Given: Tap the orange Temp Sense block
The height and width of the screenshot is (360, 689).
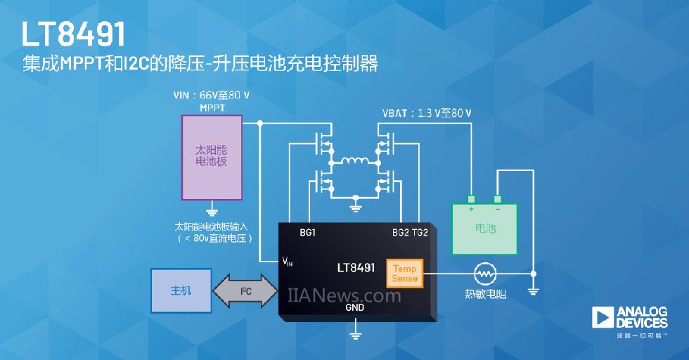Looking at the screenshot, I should pyautogui.click(x=404, y=274).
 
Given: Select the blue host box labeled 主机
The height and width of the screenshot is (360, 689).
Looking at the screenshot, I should pyautogui.click(x=181, y=290).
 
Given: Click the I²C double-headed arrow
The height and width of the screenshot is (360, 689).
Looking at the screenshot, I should pyautogui.click(x=246, y=290).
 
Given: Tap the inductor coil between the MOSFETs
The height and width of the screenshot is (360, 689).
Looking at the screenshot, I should pyautogui.click(x=354, y=162).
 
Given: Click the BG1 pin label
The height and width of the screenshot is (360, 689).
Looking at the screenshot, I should pyautogui.click(x=307, y=231).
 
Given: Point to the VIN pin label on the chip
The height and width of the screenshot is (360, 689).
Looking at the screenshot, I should pyautogui.click(x=288, y=262).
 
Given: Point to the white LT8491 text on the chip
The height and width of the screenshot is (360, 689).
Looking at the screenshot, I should pyautogui.click(x=356, y=268).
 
